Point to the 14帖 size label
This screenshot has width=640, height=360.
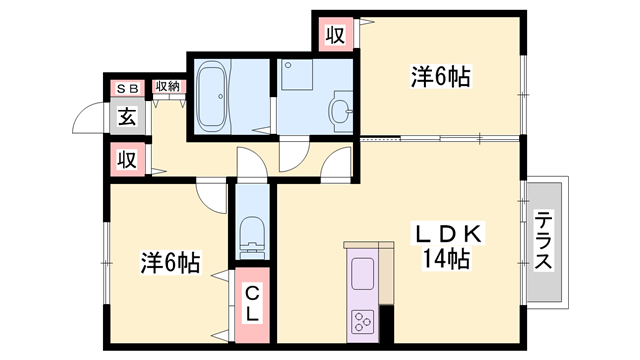pyautogui.click(x=446, y=260)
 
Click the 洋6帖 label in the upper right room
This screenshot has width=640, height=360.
pyautogui.click(x=441, y=75)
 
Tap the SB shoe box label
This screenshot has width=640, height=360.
pyautogui.click(x=127, y=89)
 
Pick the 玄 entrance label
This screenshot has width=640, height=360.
pyautogui.click(x=127, y=116)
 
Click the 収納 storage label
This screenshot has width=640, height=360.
pyautogui.click(x=168, y=87)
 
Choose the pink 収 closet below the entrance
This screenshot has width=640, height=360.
pyautogui.click(x=127, y=159)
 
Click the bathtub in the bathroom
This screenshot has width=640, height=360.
pyautogui.click(x=213, y=96)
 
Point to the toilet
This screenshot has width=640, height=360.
pyautogui.click(x=251, y=236)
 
